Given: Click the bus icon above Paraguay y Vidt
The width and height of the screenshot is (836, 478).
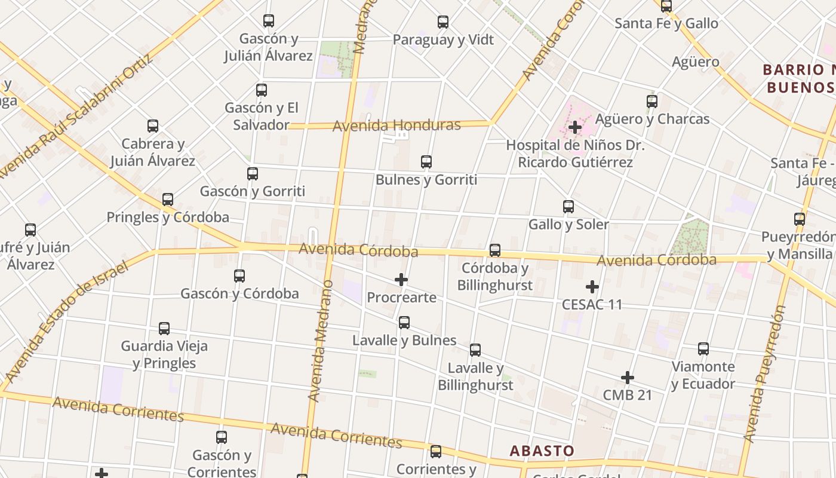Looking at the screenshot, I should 442,22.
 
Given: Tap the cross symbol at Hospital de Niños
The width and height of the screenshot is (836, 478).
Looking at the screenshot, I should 575,127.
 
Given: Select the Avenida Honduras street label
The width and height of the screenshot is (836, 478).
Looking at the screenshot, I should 397,125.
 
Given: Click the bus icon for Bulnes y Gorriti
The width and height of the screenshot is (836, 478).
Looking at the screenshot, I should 426,162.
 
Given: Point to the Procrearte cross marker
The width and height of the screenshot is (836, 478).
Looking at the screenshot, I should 401,280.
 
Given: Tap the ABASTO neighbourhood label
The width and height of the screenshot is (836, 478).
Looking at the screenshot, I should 542,451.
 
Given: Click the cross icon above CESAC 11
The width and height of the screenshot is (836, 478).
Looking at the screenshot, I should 592,287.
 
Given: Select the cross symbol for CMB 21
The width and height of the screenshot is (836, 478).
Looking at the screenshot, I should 627,378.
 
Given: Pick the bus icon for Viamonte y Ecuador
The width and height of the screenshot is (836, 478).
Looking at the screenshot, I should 703,349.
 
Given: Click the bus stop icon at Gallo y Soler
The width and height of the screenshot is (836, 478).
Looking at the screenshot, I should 568,207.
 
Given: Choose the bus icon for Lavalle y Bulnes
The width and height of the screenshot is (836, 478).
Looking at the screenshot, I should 404,323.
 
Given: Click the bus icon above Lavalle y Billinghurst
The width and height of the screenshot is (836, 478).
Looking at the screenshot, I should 475,350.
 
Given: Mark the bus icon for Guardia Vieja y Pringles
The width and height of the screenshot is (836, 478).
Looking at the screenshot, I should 164,329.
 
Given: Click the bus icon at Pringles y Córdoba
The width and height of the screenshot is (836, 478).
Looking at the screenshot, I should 168,200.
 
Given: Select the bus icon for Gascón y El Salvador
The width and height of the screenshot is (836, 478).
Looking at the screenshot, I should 261,90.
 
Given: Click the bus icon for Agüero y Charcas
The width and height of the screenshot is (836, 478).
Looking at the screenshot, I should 652,102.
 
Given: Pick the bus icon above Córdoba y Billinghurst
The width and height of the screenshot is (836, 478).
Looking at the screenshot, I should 495,250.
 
